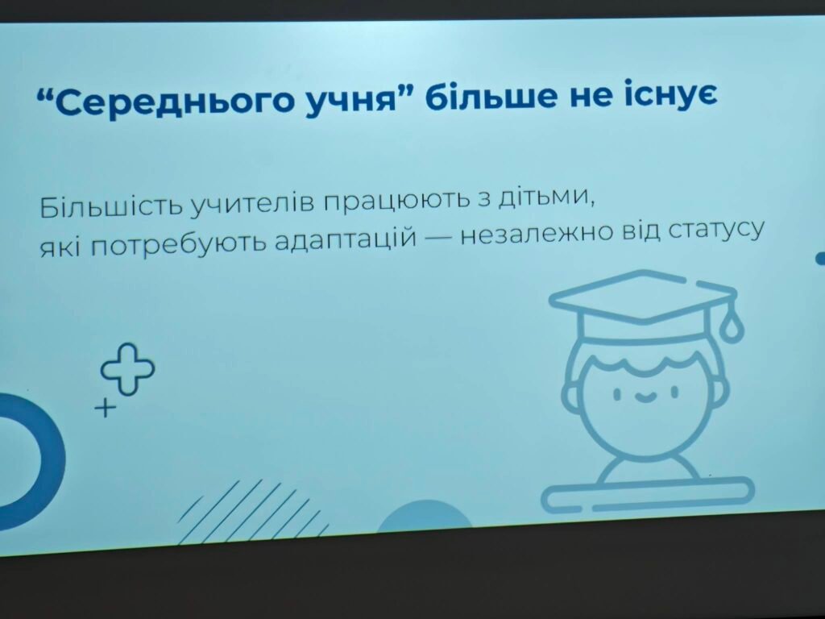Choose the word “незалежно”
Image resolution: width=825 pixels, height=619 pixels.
point(537,235)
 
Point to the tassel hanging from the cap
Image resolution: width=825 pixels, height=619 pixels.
point(732,326)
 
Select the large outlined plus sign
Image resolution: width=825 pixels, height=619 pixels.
point(128,368)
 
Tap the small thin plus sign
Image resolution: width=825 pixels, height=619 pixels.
point(106,408)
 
